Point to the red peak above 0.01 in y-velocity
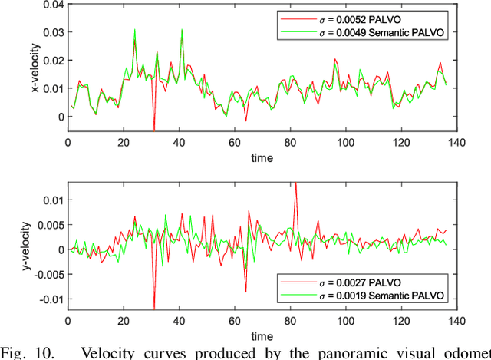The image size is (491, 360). [296, 183]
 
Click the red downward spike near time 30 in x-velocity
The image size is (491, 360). [154, 129]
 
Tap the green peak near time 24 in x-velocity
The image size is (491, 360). [135, 31]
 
